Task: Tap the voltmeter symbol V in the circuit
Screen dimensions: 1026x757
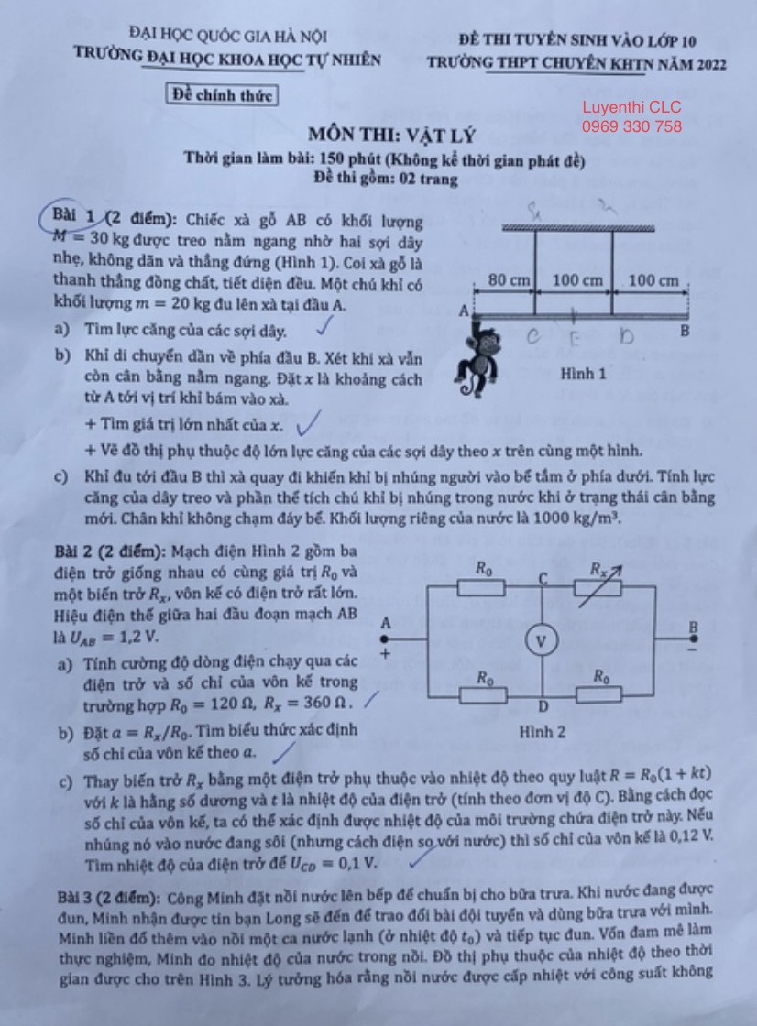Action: (x=542, y=642)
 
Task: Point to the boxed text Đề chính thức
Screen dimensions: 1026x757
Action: (x=221, y=93)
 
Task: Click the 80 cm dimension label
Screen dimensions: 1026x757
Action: (x=509, y=280)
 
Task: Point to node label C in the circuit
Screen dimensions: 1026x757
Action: (x=543, y=577)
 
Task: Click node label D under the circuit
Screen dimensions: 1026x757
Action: (x=543, y=706)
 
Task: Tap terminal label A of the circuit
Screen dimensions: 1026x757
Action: (x=386, y=623)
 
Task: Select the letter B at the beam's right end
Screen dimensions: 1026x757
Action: (x=685, y=331)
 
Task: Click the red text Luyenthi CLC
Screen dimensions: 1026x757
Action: (x=631, y=107)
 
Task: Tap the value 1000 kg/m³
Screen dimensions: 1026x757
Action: (x=567, y=518)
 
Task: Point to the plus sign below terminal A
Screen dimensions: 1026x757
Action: (x=385, y=653)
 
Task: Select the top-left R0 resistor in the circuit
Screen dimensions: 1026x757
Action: (x=482, y=586)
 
